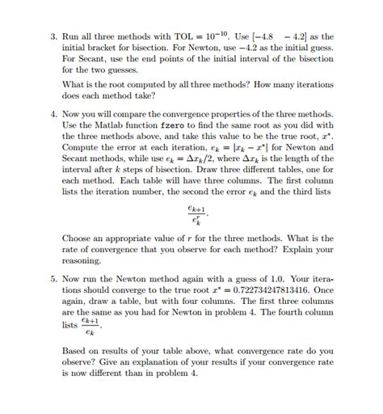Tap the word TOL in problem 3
pyautogui.click(x=201, y=36)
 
